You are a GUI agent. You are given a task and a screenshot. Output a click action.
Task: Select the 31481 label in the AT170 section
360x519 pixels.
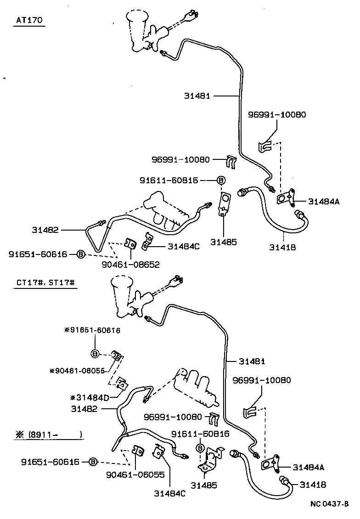pos(197,96)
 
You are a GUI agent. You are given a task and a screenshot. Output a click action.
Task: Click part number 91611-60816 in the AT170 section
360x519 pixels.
pos(169,181)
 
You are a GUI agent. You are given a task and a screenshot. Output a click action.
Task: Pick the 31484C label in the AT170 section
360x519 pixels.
pos(183,246)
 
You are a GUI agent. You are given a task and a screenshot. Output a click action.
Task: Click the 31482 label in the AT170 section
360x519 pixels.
pos(45,229)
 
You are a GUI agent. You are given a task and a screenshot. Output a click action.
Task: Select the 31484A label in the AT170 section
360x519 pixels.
pos(324,201)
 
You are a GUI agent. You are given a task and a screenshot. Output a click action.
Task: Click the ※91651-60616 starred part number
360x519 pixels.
pos(92,330)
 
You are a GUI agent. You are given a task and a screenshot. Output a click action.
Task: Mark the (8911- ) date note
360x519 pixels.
pos(48,434)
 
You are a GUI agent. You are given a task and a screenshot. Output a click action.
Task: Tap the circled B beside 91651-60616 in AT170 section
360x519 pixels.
pos(80,254)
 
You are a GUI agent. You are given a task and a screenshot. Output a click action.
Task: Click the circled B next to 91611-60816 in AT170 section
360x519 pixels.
pos(221,181)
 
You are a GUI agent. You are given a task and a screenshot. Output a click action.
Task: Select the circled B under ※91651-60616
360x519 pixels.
pos(95,353)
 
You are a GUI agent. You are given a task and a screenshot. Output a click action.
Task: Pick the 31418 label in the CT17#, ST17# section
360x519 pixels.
pos(314,485)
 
